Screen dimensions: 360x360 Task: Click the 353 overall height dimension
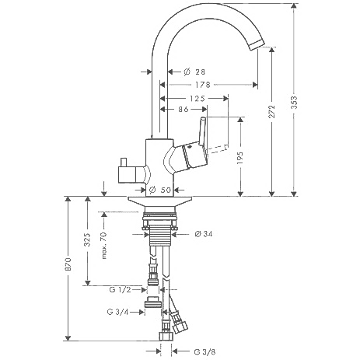pyautogui.click(x=294, y=103)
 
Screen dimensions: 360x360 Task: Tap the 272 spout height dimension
pyautogui.click(x=272, y=111)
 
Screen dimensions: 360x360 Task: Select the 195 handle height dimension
pyautogui.click(x=240, y=158)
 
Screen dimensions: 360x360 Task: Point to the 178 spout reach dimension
pyautogui.click(x=203, y=85)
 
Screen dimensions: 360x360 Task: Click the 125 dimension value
pyautogui.click(x=197, y=99)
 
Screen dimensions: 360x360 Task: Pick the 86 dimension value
pyautogui.click(x=183, y=110)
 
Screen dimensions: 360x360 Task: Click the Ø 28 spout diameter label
pyautogui.click(x=194, y=72)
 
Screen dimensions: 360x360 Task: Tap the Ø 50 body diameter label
pyautogui.click(x=160, y=190)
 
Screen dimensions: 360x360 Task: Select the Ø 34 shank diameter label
pyautogui.click(x=204, y=234)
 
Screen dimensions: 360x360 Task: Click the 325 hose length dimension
pyautogui.click(x=88, y=239)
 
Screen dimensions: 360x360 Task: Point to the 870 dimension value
pyautogui.click(x=68, y=264)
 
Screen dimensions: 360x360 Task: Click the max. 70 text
pyautogui.click(x=104, y=246)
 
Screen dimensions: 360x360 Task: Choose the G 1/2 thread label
pyautogui.click(x=121, y=289)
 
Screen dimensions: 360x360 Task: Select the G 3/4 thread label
pyautogui.click(x=117, y=312)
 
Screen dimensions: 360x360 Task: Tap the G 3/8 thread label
pyautogui.click(x=204, y=351)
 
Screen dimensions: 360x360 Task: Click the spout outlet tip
pyautogui.click(x=257, y=45)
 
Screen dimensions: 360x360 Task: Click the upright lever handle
pyautogui.click(x=202, y=133)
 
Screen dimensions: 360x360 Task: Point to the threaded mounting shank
pyautogui.click(x=161, y=234)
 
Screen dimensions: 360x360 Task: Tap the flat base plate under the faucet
pyautogui.click(x=160, y=201)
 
